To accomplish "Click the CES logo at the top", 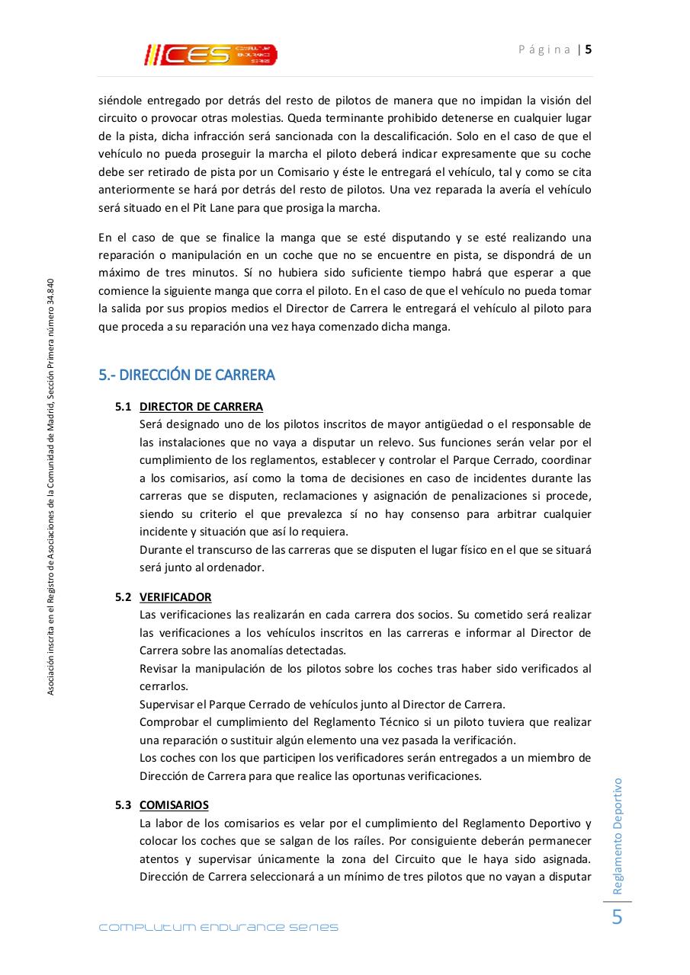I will click(211, 54).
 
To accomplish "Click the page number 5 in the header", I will click(589, 50).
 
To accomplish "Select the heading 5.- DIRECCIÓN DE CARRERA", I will click(187, 375).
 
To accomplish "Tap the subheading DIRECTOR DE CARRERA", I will click(201, 407).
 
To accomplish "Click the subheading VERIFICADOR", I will click(175, 597).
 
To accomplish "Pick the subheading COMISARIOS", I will click(174, 805).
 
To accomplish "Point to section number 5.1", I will click(124, 407).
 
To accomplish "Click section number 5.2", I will click(124, 597).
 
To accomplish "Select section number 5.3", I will click(124, 805).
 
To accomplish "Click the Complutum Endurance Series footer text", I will click(219, 928).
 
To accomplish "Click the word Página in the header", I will click(544, 50).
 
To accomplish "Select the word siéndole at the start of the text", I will click(120, 101).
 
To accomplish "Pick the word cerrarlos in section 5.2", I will click(163, 686).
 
